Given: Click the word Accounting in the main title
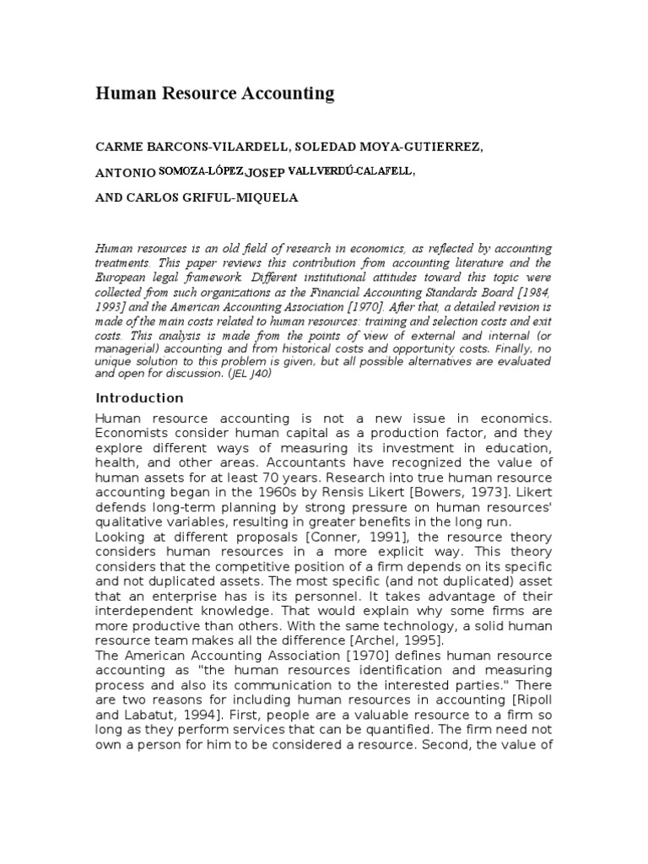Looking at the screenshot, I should click(x=289, y=94).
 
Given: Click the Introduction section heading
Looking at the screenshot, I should click(x=139, y=397).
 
